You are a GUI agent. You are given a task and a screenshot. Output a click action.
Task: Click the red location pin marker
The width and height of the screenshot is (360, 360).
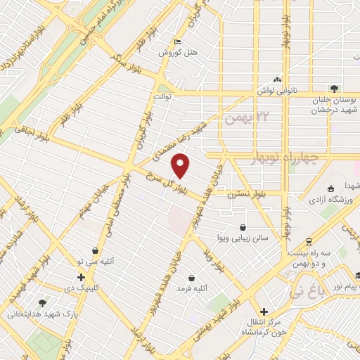point(181,167)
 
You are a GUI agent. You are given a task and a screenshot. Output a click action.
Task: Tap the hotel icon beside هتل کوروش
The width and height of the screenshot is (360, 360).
point(177,41)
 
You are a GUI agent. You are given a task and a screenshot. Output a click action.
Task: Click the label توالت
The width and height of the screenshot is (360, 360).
point(160,96)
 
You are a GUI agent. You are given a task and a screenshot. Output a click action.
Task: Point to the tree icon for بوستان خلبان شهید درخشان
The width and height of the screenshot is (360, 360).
point(333,89)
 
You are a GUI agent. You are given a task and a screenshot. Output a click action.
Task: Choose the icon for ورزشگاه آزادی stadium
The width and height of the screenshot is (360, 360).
point(331,188)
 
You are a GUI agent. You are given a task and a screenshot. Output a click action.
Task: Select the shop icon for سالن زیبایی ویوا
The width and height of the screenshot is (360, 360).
point(243,227)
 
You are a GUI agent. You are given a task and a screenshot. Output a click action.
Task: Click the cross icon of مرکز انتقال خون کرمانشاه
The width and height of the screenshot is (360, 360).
point(264,311)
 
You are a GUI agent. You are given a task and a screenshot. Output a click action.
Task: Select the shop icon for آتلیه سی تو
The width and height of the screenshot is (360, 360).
point(95,250)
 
